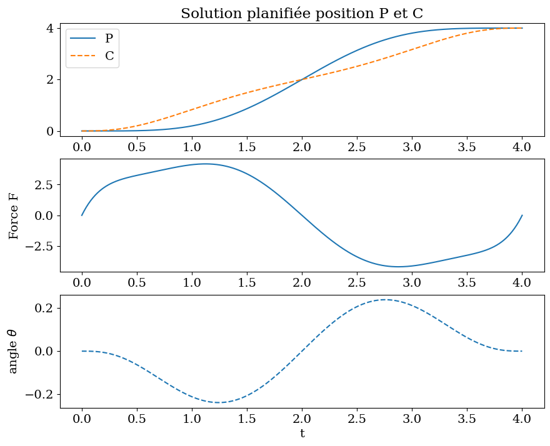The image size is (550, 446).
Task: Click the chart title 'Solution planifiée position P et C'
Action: pos(302,13)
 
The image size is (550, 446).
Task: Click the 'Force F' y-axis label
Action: pos(14,216)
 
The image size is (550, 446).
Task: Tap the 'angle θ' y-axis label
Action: pos(14,351)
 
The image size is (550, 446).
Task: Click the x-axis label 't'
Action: pos(302,433)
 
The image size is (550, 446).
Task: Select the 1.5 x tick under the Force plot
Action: pos(247,283)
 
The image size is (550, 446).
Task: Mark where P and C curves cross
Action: pos(302,79)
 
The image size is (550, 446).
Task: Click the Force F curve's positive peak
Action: pos(206,164)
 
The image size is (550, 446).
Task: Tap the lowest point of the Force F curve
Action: pos(397,267)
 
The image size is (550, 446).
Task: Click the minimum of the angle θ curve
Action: pos(219,402)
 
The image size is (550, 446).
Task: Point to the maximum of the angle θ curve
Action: pos(385,300)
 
